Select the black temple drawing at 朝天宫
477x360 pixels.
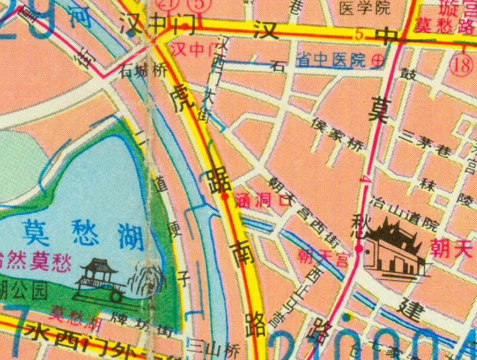click(x=395, y=249)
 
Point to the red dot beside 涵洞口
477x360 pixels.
click(x=225, y=195)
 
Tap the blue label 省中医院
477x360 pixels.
click(x=331, y=60)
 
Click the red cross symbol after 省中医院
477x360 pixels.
click(x=377, y=60)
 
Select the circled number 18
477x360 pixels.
click(x=462, y=66)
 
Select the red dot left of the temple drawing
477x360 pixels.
click(x=360, y=247)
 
